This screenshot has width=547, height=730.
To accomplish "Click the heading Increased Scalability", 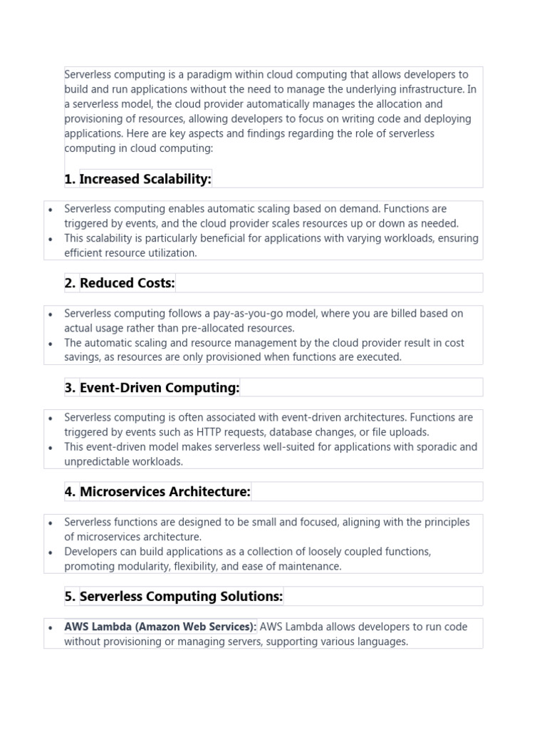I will tap(145, 179).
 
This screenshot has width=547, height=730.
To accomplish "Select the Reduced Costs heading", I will tap(127, 283).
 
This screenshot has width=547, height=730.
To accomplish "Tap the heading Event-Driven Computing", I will tap(160, 388).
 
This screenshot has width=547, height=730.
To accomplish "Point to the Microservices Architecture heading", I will tap(165, 492).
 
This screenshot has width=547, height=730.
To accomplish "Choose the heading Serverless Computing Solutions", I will tap(181, 596).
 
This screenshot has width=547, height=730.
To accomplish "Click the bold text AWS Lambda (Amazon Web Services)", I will tap(161, 627).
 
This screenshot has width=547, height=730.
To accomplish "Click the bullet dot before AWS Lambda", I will tap(51, 627).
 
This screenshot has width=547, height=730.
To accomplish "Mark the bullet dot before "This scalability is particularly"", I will tap(51, 239).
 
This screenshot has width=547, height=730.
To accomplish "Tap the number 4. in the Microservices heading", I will tap(70, 492).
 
